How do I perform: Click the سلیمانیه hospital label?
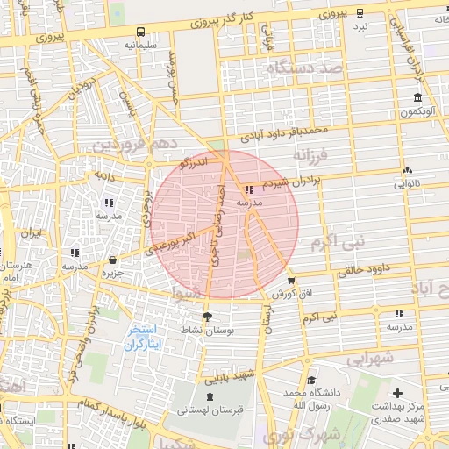[x=140, y=43]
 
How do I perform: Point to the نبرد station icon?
[x=360, y=13]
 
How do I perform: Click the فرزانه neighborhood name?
[x=310, y=155]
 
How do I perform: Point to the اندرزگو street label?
[x=194, y=160]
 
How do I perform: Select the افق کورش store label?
[x=286, y=294]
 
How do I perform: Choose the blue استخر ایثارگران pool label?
[x=141, y=337]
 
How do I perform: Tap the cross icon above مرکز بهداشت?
[x=399, y=393]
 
